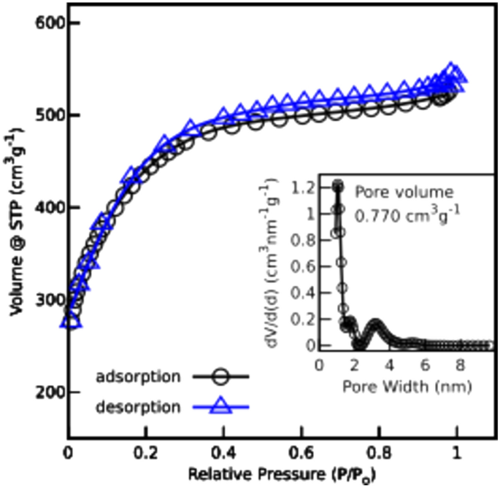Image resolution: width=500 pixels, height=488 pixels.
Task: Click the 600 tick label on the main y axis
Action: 46,23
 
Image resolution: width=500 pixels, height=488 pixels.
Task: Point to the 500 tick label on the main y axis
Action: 46,115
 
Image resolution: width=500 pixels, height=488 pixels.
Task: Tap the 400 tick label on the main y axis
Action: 46,208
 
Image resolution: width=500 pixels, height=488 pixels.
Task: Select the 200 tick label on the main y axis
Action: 46,392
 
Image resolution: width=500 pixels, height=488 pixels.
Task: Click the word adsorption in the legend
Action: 138,377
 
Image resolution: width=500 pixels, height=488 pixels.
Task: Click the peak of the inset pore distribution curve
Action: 338,185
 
